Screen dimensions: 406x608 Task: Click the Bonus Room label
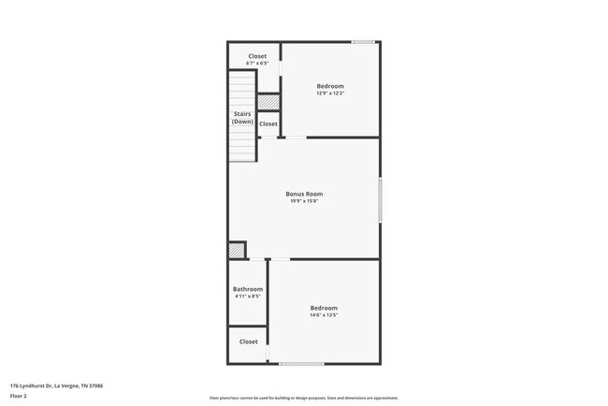[304, 194]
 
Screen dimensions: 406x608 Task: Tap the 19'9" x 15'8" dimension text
[304, 201]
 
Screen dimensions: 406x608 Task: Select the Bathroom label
[248, 289]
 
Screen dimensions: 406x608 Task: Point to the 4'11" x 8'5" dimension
[248, 297]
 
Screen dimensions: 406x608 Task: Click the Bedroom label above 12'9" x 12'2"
[330, 86]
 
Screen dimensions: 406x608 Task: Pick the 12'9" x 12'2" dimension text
[330, 94]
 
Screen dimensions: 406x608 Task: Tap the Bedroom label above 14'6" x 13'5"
[324, 308]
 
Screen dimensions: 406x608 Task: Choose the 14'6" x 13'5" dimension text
[324, 315]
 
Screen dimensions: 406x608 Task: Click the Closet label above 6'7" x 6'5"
[257, 56]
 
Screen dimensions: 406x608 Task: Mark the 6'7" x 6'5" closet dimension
[257, 64]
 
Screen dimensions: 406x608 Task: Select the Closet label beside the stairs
[268, 123]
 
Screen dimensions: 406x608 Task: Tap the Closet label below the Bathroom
[248, 341]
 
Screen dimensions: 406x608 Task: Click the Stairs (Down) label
[242, 118]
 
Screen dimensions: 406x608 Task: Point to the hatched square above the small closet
[268, 101]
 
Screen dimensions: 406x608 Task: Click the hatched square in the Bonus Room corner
[238, 250]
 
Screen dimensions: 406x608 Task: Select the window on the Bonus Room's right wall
[380, 199]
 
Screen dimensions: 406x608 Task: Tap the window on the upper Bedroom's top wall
[363, 41]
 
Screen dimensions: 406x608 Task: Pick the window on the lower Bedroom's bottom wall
[301, 363]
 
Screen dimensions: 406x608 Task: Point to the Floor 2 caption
[19, 396]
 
